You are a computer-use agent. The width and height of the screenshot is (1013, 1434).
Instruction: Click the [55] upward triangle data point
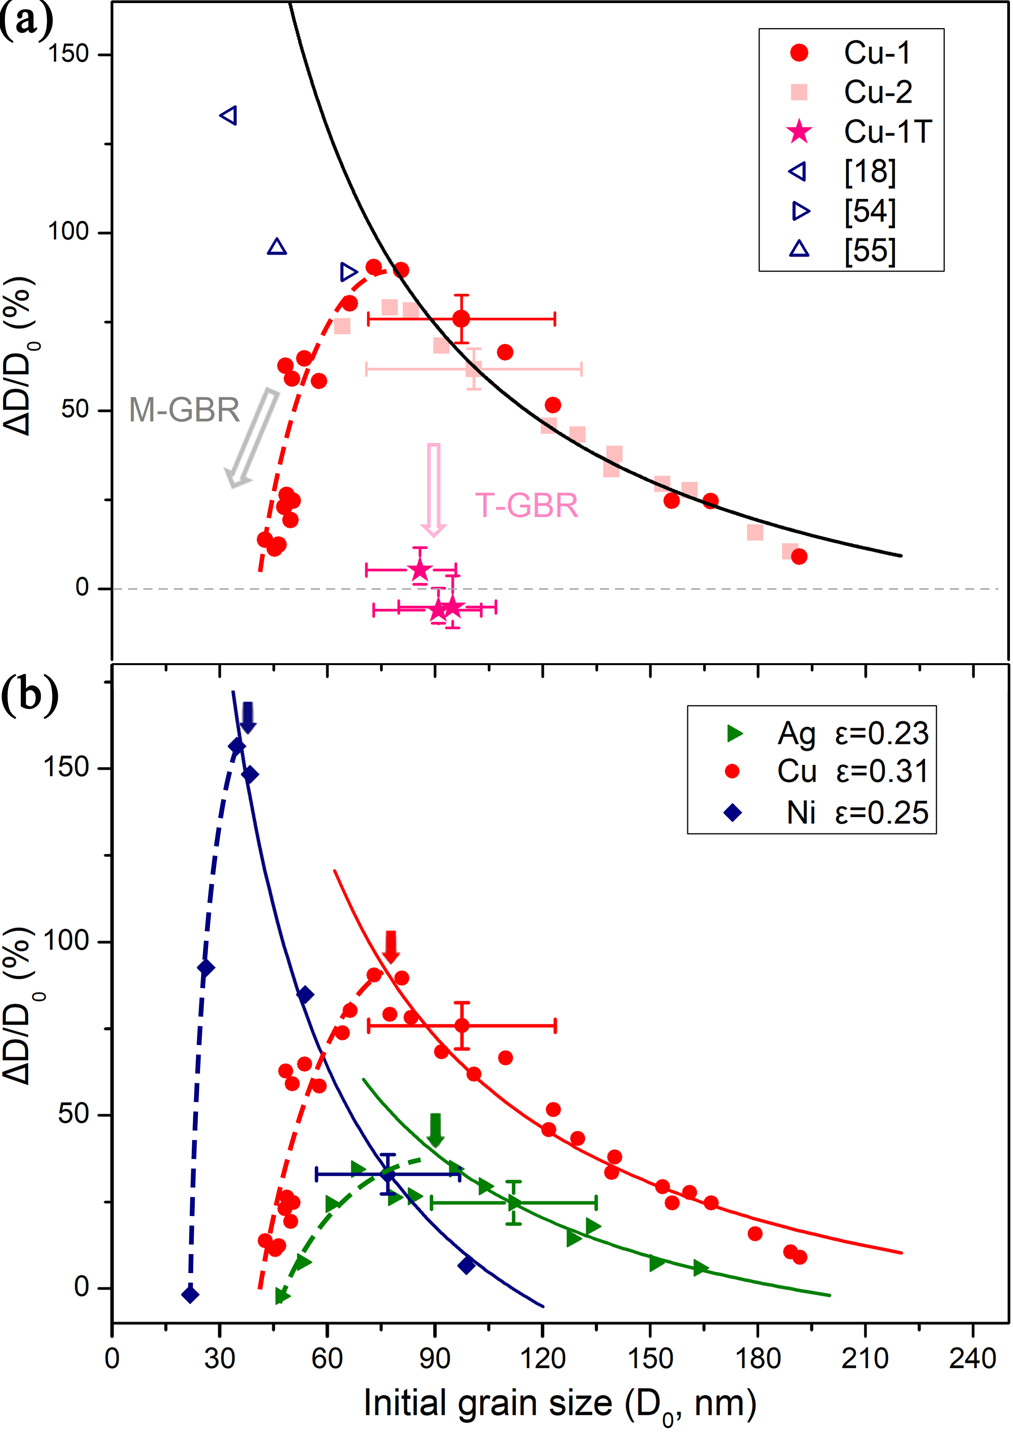[277, 247]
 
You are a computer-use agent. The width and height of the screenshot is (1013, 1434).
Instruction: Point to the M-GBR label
[184, 410]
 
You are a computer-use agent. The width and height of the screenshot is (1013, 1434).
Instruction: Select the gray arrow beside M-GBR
[252, 438]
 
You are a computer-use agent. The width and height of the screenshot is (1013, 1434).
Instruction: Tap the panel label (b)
[29, 693]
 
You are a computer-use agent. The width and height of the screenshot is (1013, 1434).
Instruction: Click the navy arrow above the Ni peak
[248, 717]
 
